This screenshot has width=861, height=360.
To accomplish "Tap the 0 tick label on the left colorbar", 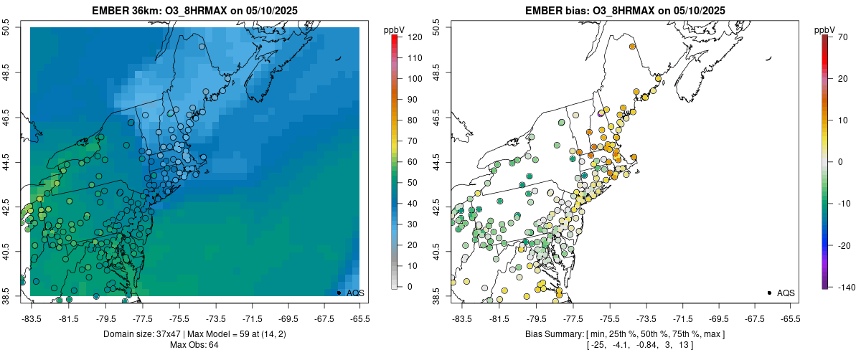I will [409, 287].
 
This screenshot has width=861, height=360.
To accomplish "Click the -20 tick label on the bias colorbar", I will [844, 245].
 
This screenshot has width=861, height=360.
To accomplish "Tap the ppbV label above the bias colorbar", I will [825, 29].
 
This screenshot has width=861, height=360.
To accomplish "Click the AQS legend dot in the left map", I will [339, 293].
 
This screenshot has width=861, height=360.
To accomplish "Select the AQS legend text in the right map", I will [786, 293].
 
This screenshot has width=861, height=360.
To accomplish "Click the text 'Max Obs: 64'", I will [194, 345].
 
